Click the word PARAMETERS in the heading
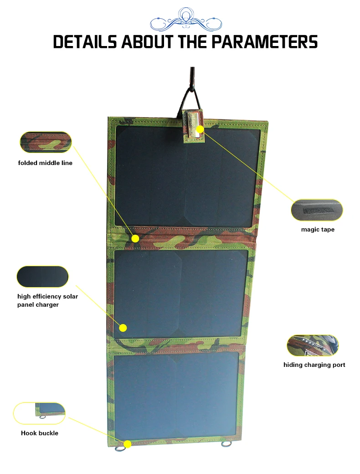(x=264, y=42)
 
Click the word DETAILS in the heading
(x=85, y=42)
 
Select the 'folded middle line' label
(x=45, y=163)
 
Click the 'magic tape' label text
(x=318, y=229)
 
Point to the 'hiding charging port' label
(x=314, y=365)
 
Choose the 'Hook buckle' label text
(x=40, y=433)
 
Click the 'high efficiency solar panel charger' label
(x=47, y=300)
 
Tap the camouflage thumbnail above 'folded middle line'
(x=46, y=142)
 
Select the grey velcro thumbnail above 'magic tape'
(x=317, y=210)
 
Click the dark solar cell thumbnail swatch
(x=43, y=277)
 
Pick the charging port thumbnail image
(x=313, y=345)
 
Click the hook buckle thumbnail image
(x=39, y=413)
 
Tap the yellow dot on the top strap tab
(x=200, y=129)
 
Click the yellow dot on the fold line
(x=135, y=238)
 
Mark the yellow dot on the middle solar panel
(x=123, y=328)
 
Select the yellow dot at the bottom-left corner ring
(x=128, y=444)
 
